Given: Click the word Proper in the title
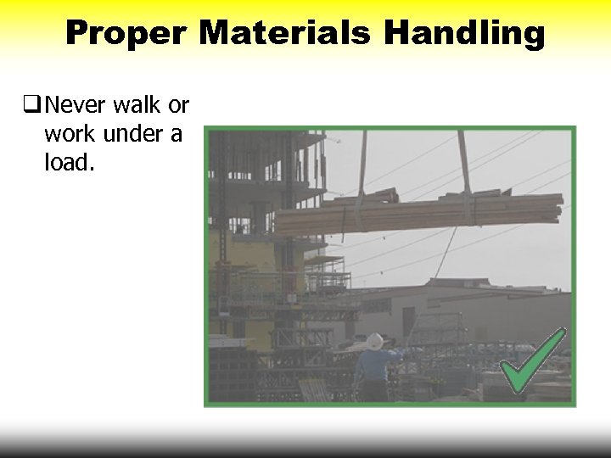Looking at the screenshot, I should pyautogui.click(x=126, y=33).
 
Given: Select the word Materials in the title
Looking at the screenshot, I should pyautogui.click(x=284, y=33).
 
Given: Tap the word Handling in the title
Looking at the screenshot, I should pyautogui.click(x=463, y=33).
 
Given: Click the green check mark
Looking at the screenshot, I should pyautogui.click(x=531, y=361).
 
